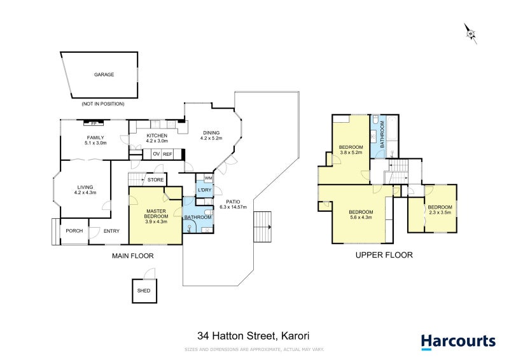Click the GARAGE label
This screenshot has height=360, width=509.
pyautogui.click(x=104, y=74)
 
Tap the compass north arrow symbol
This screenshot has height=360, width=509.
pyautogui.click(x=470, y=32)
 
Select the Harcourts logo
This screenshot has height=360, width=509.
pyautogui.click(x=457, y=342)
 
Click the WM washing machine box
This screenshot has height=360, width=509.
pyautogui.click(x=207, y=178)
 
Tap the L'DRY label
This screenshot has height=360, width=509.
pyautogui.click(x=204, y=191)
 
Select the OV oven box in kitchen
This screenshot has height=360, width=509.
pyautogui.click(x=155, y=154)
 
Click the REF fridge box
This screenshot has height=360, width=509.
pyautogui.click(x=167, y=154)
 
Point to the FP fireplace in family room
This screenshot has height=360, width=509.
pyautogui.click(x=94, y=123)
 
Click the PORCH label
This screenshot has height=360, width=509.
pyautogui.click(x=74, y=231)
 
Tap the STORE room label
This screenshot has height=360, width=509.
pyautogui.click(x=155, y=180)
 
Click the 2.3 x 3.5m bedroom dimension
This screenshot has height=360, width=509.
pyautogui.click(x=440, y=214)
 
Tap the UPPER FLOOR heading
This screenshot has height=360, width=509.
pyautogui.click(x=384, y=255)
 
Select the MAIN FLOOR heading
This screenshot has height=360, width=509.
pyautogui.click(x=133, y=256)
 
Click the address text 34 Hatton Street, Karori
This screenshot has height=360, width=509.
pyautogui.click(x=253, y=336)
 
